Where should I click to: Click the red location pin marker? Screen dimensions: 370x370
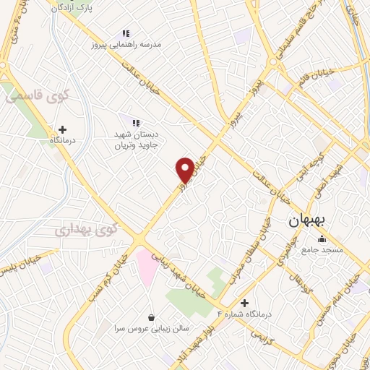(x=185, y=169)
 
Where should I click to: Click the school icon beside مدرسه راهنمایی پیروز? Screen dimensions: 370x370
(x=126, y=33)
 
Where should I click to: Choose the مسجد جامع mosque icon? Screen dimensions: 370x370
(x=322, y=239)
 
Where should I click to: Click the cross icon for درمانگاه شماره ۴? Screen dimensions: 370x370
(x=244, y=303)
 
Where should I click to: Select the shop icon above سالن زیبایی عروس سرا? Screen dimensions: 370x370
(x=151, y=317)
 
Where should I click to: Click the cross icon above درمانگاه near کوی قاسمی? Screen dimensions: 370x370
(x=62, y=130)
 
